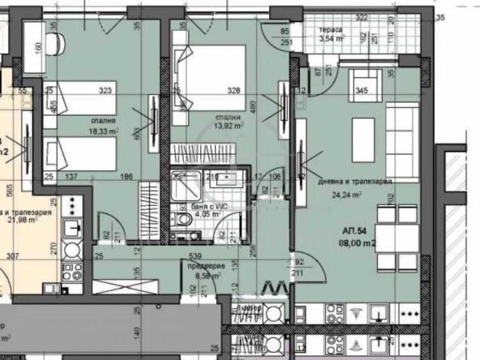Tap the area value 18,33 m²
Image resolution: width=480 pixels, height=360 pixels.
pos(105,130)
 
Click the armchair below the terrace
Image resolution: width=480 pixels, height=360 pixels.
pos(360,80)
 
